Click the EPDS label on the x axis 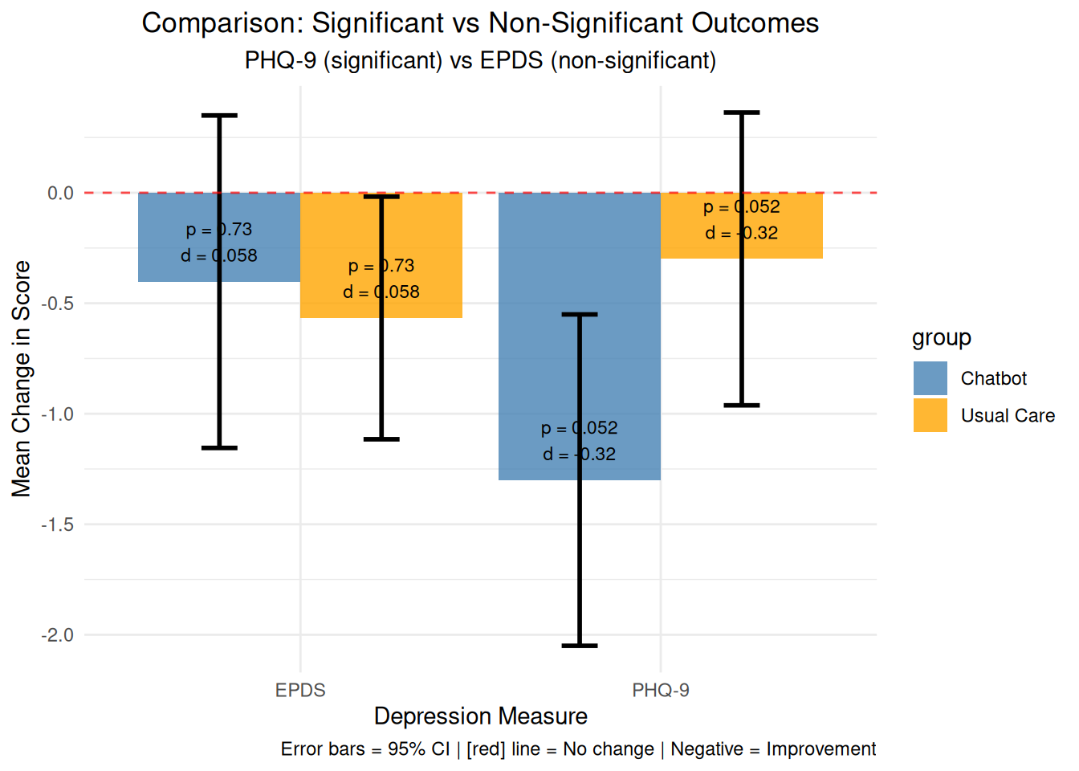point(300,690)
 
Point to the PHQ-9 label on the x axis point(661,690)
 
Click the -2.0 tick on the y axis point(57,635)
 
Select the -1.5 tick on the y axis point(57,524)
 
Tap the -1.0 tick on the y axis point(57,414)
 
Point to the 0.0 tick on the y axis point(60,194)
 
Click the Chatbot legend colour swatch point(930,378)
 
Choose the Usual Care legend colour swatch point(930,415)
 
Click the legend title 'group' point(942,338)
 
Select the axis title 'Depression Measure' point(480,716)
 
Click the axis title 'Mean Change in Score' point(22,378)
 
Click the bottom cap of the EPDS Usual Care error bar point(381,439)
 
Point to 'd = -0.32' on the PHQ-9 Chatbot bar point(580,455)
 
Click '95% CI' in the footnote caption point(418,749)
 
